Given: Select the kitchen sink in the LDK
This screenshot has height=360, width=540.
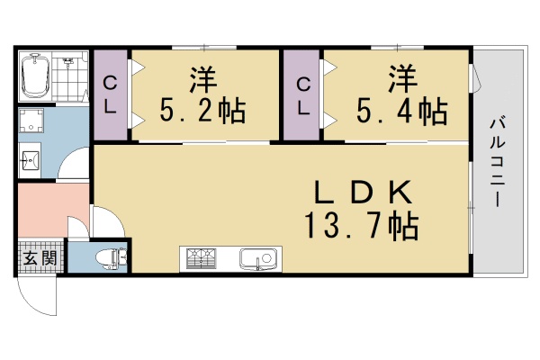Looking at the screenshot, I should [x=259, y=260].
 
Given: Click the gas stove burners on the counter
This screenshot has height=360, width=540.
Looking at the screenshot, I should [x=203, y=260].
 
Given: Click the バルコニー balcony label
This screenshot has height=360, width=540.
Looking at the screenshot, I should [x=496, y=161].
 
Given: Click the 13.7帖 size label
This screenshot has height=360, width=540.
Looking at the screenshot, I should [x=362, y=226].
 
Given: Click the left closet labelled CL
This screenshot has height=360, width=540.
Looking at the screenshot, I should [x=112, y=94].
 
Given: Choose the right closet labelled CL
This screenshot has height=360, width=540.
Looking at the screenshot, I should [x=303, y=94].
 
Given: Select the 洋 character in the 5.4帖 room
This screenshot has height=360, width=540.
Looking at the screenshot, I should [x=403, y=79].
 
